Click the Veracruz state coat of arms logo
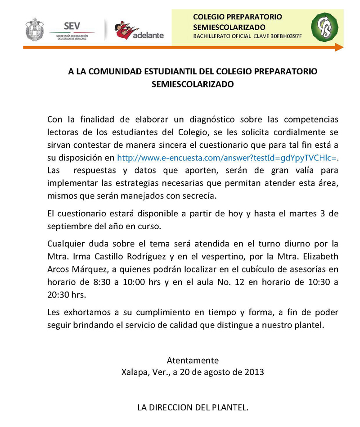[34, 29]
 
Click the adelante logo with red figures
[139, 30]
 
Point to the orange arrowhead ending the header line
[339, 47]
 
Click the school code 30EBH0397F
[285, 36]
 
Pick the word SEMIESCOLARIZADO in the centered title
[192, 83]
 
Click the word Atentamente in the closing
[193, 360]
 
